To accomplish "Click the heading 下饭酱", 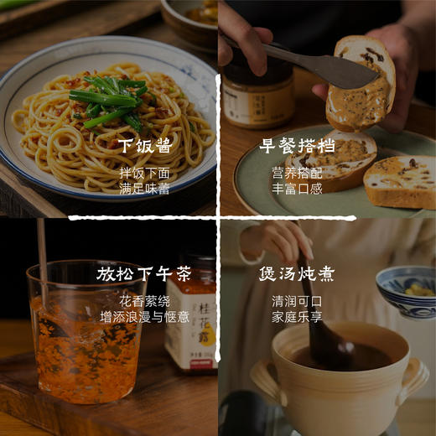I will (145, 146).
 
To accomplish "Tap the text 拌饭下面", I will (145, 174).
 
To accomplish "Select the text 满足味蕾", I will (145, 189).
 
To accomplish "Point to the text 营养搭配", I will (298, 174).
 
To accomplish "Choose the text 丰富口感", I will (298, 189).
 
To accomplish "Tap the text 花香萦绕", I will (145, 301).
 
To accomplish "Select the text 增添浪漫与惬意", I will (145, 317).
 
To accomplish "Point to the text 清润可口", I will (298, 301).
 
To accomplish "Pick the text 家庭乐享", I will (298, 317).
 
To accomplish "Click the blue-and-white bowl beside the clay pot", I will (407, 289).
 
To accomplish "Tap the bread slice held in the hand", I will (361, 84).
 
